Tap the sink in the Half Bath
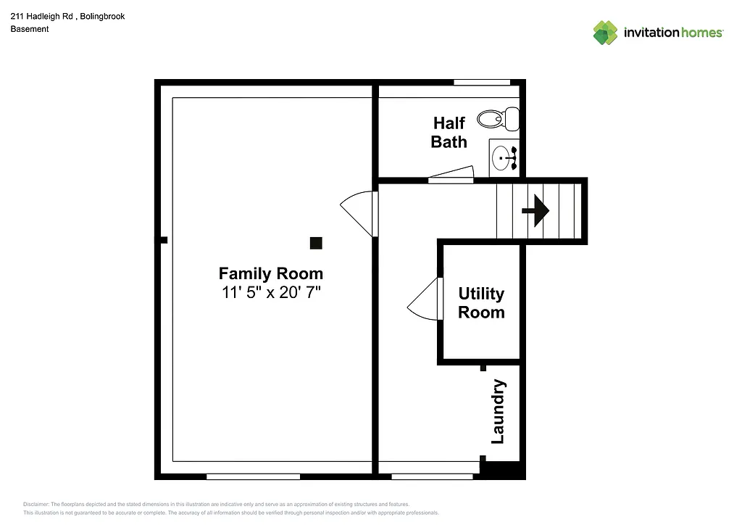[x=502, y=157]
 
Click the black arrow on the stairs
[x=535, y=211]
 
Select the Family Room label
[x=271, y=273]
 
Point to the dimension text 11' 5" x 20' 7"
[x=271, y=293]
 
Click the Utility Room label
[x=481, y=303]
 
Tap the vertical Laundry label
[x=498, y=412]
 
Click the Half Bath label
[x=449, y=132]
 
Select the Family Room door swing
[x=359, y=212]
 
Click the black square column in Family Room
[x=316, y=243]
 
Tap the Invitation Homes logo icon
[x=605, y=33]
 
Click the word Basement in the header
[x=30, y=29]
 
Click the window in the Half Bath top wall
[x=481, y=83]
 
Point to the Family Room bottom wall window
[x=253, y=476]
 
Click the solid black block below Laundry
[x=504, y=471]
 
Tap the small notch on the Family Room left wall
[x=164, y=240]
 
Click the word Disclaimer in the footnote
[x=36, y=504]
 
